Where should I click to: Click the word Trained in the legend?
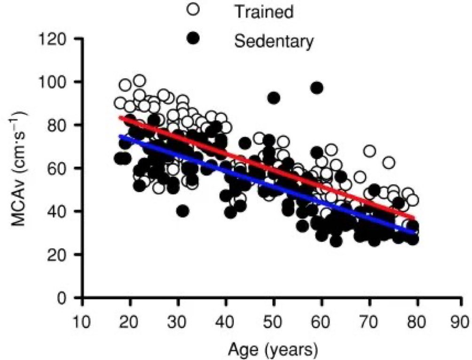click(265, 11)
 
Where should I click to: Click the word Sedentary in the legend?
click(274, 41)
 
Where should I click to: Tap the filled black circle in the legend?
click(193, 39)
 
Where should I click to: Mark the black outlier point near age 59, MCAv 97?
click(317, 88)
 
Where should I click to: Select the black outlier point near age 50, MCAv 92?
click(274, 98)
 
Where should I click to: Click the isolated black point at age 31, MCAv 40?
click(183, 211)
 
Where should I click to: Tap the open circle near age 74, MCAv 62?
click(388, 163)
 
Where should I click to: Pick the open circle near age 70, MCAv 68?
click(370, 151)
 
